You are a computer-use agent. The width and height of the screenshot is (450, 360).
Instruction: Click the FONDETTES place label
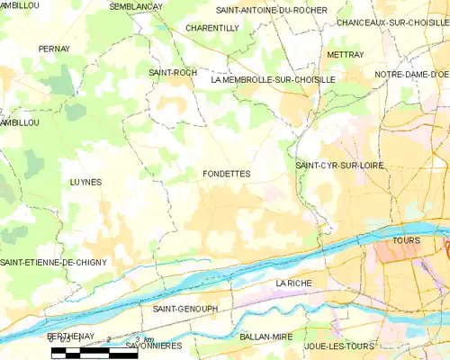tap(227, 174)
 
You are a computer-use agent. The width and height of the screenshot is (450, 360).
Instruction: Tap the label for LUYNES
tap(85, 182)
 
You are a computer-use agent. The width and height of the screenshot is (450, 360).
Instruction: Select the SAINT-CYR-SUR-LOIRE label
tap(338, 166)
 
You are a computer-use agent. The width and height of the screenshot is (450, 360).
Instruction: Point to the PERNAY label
tap(54, 49)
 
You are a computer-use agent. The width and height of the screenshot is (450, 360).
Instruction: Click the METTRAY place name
tap(346, 55)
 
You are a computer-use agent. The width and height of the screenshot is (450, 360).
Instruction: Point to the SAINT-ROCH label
tap(166, 71)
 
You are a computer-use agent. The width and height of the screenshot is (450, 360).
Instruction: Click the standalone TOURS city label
tap(407, 240)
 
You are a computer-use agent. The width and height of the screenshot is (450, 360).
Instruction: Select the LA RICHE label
tap(293, 283)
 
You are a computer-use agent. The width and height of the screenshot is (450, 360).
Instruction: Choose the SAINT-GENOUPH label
tap(185, 309)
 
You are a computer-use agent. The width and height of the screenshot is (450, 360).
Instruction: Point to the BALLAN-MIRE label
tap(266, 336)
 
